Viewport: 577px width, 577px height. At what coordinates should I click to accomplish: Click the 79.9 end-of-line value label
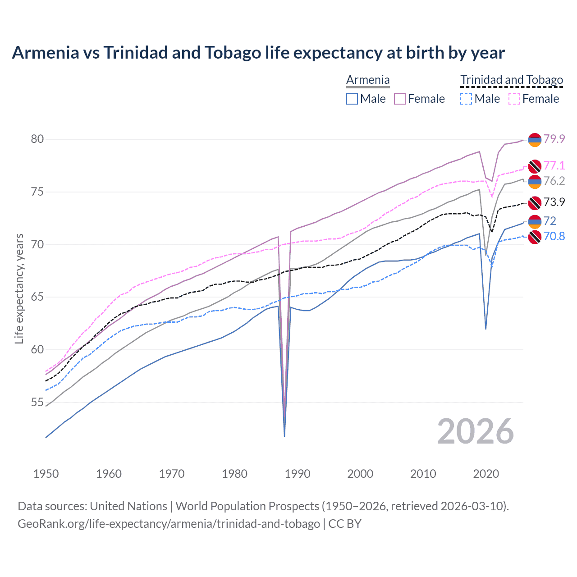click(x=554, y=139)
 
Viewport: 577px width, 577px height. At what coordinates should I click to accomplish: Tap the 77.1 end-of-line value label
click(x=554, y=165)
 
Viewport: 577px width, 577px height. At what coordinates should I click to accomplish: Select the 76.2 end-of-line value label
click(x=554, y=181)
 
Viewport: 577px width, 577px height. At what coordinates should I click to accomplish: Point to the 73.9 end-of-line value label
click(x=554, y=202)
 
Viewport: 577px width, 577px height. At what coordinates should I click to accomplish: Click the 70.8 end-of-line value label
click(x=554, y=236)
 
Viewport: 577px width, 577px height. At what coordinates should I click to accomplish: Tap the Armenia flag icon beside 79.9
click(x=535, y=140)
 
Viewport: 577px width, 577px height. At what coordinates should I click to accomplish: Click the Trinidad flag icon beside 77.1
click(x=535, y=166)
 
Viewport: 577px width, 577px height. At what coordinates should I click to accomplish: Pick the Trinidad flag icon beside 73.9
click(x=535, y=203)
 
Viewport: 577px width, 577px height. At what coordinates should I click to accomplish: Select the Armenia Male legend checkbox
click(x=352, y=99)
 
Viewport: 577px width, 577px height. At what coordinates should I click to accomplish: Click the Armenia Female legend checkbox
click(x=400, y=99)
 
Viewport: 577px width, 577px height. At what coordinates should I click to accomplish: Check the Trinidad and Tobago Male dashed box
click(x=466, y=99)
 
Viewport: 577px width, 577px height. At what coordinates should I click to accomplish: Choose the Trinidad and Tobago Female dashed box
click(x=514, y=99)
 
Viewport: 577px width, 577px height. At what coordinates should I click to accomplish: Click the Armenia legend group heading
click(x=368, y=80)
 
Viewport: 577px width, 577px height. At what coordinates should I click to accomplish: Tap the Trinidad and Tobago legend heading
click(x=512, y=80)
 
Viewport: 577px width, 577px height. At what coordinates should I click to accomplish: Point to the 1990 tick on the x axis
click(x=298, y=474)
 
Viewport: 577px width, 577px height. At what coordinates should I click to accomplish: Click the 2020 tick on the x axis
click(x=486, y=474)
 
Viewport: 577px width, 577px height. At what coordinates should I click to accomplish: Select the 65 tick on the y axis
click(x=37, y=297)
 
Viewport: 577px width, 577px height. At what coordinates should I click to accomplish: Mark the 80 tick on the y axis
click(x=37, y=139)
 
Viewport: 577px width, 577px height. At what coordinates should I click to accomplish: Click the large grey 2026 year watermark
click(x=476, y=431)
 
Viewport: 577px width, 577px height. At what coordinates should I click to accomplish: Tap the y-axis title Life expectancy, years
click(x=19, y=288)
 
